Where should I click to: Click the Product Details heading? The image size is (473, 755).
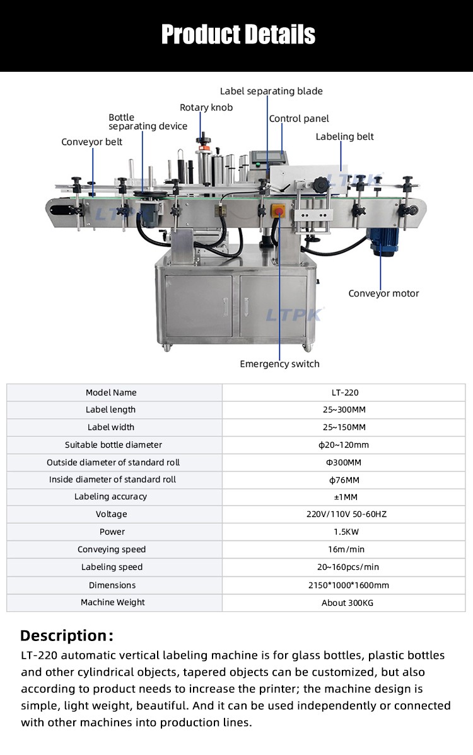coord(238,35)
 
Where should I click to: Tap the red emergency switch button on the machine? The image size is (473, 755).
coord(279,212)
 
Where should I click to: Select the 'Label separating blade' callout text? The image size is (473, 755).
coord(271,91)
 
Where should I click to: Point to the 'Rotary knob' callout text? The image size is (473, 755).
coord(206,108)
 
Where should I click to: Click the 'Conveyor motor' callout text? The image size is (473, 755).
coord(384,293)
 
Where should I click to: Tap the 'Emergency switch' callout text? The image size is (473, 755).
coord(279,364)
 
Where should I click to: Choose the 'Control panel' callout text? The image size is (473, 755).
coord(299,118)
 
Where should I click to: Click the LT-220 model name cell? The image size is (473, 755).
coord(345,392)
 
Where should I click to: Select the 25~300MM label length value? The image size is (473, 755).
coord(344,410)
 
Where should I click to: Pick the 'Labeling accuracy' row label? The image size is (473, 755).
coord(110,497)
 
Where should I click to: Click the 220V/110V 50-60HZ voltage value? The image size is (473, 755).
coord(347,514)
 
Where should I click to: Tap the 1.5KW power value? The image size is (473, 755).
coord(346,532)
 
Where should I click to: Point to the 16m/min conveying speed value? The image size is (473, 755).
coord(346,549)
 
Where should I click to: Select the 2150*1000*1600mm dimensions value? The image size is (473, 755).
coord(349,586)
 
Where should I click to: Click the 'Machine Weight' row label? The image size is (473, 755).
coord(113,603)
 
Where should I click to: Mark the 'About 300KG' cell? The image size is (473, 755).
coord(347,603)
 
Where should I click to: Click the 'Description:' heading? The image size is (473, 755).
coord(67,636)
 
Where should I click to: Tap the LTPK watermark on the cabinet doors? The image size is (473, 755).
coord(295,314)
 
